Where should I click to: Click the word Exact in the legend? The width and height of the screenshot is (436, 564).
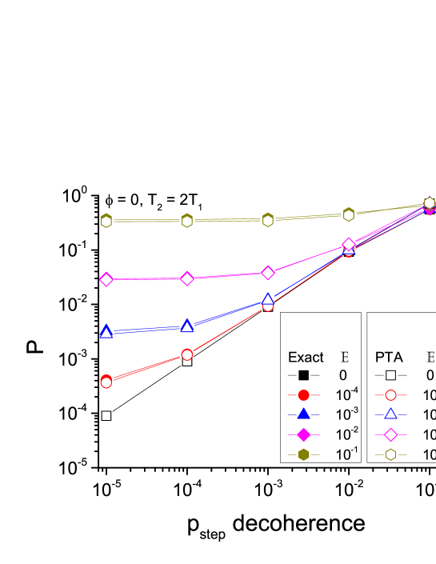(306, 358)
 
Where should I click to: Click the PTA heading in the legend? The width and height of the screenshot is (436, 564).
(390, 358)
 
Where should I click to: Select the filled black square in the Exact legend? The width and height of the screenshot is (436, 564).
(304, 375)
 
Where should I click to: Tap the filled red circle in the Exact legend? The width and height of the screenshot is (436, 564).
(304, 394)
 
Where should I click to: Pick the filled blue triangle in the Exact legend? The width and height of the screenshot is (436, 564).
(304, 414)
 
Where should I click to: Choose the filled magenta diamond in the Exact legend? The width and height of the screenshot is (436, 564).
(304, 434)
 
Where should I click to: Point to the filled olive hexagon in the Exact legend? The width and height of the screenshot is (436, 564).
(304, 454)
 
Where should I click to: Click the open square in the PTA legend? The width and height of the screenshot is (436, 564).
(391, 375)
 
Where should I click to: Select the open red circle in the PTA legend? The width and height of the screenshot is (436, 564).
(391, 394)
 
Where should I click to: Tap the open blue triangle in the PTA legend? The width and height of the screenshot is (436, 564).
(391, 414)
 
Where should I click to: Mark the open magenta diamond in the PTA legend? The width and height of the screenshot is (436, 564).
(391, 434)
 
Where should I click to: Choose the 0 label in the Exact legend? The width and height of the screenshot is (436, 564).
(343, 375)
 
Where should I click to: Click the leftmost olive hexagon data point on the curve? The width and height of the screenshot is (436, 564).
(106, 221)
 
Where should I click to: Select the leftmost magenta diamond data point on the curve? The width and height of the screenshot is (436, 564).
(106, 279)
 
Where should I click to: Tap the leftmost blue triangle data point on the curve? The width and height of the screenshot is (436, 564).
(106, 332)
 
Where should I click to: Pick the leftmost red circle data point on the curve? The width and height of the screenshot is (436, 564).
(106, 382)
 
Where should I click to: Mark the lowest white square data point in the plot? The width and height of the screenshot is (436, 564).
(106, 416)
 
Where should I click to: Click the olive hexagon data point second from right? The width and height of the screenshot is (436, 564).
(349, 214)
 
